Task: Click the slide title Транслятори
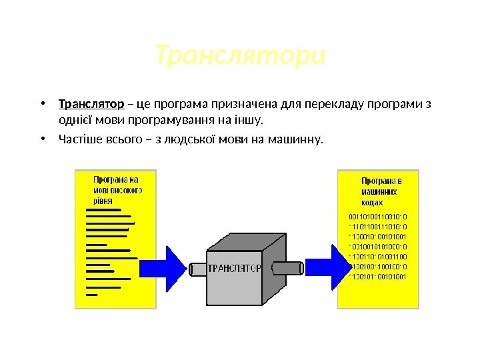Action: pyautogui.click(x=240, y=57)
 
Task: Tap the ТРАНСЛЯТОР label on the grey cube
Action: pyautogui.click(x=234, y=269)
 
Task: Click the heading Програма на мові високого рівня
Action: pyautogui.click(x=117, y=189)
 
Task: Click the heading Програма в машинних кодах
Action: pyautogui.click(x=382, y=191)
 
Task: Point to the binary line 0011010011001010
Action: pyautogui.click(x=378, y=216)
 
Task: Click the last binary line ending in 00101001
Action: pyautogui.click(x=378, y=276)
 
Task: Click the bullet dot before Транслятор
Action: pyautogui.click(x=42, y=104)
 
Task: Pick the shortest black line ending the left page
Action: pyautogui.click(x=92, y=294)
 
